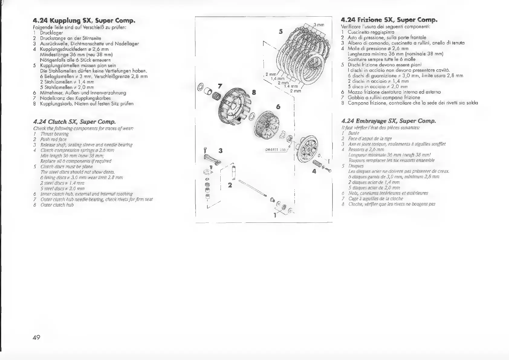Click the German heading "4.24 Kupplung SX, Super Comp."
pos(84,21)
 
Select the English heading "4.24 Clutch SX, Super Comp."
pos(74,122)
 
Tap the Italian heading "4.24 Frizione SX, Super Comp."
pos(389,20)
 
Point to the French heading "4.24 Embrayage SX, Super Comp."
pos(388,121)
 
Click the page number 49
pos(36,337)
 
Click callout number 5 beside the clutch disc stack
pos(281,31)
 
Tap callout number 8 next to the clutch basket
pos(254,92)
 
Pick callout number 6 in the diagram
pos(278,107)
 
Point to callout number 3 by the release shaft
pos(221,150)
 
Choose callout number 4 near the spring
pos(314,171)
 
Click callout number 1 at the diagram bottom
pos(275,216)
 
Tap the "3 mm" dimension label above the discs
pos(319,25)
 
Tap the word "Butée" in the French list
pos(354,133)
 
